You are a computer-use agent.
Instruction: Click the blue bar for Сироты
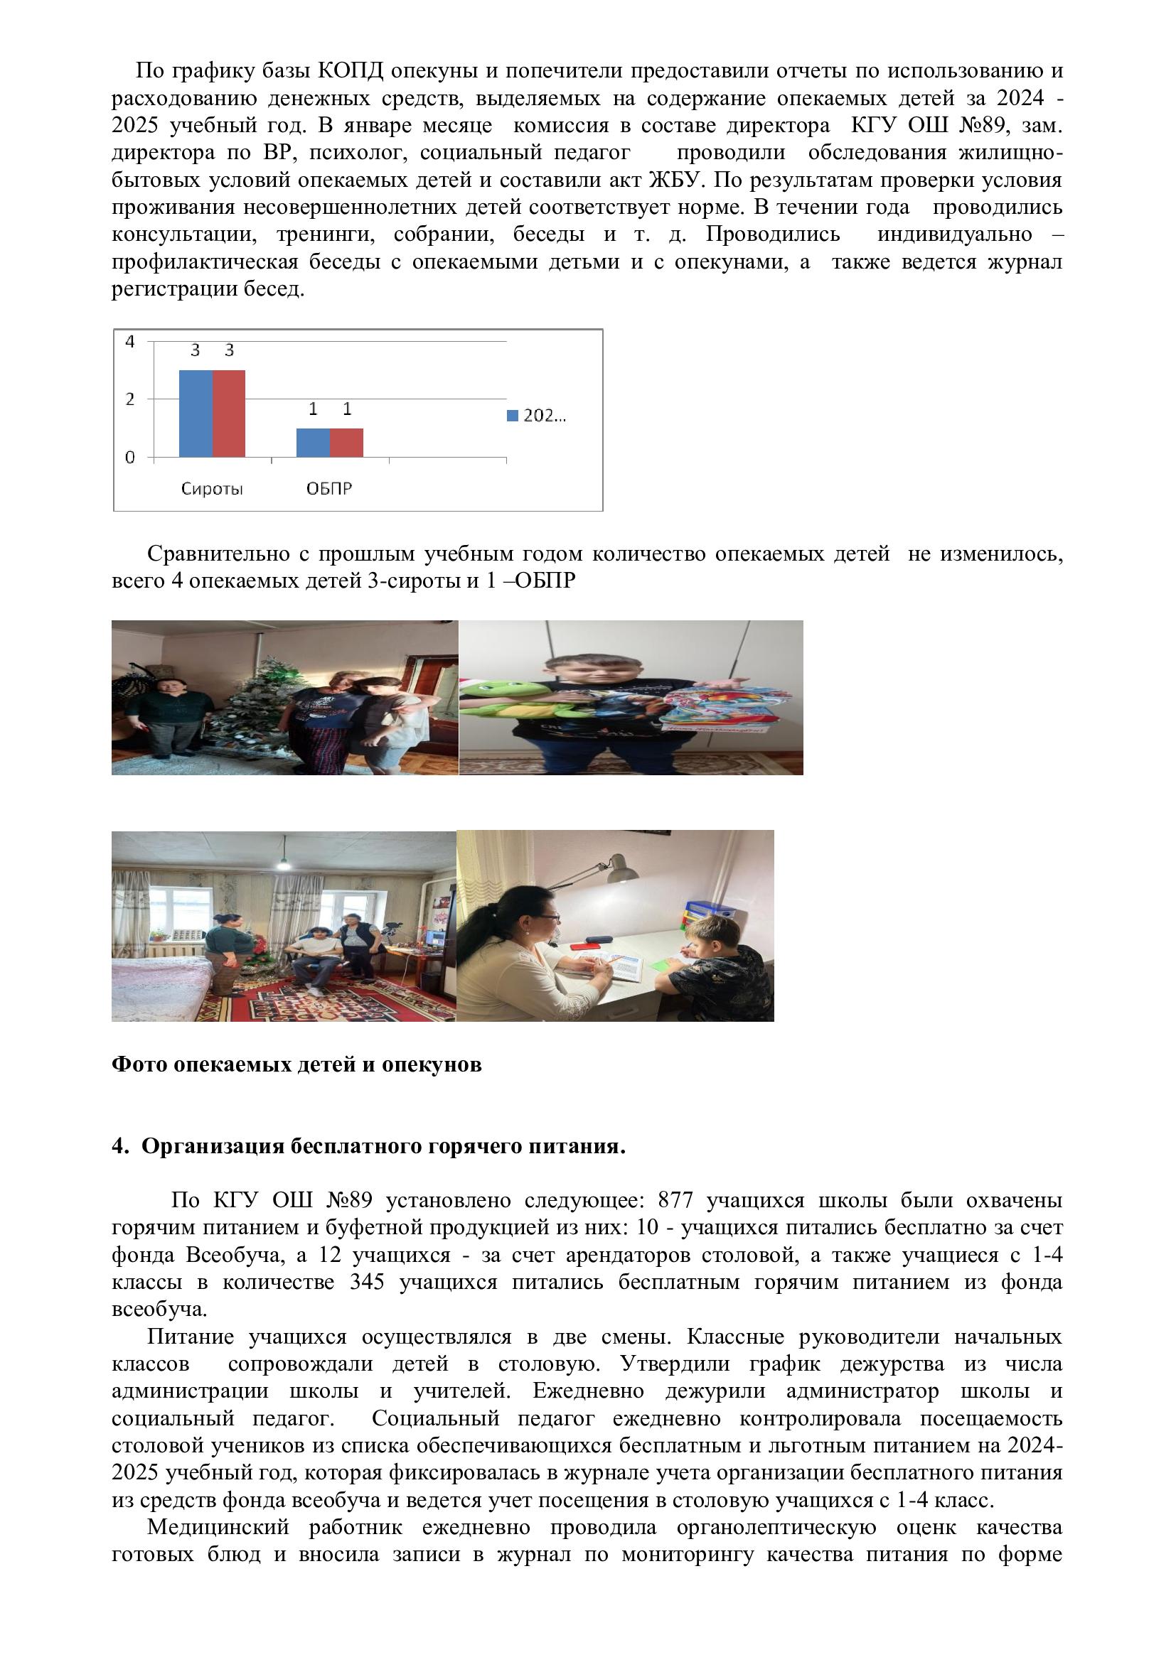pos(196,414)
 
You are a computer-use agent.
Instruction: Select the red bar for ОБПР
pos(346,442)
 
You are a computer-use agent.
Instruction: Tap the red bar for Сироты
pos(229,414)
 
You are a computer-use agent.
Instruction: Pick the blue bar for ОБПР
pos(313,442)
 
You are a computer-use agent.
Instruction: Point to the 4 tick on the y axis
pos(130,341)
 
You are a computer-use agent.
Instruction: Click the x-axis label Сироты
pos(211,489)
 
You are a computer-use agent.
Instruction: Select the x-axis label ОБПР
pos(328,489)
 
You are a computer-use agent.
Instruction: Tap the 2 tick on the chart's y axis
pos(130,399)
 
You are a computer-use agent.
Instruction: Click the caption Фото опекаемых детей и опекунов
pos(296,1064)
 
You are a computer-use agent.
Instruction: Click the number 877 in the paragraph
pos(675,1200)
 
